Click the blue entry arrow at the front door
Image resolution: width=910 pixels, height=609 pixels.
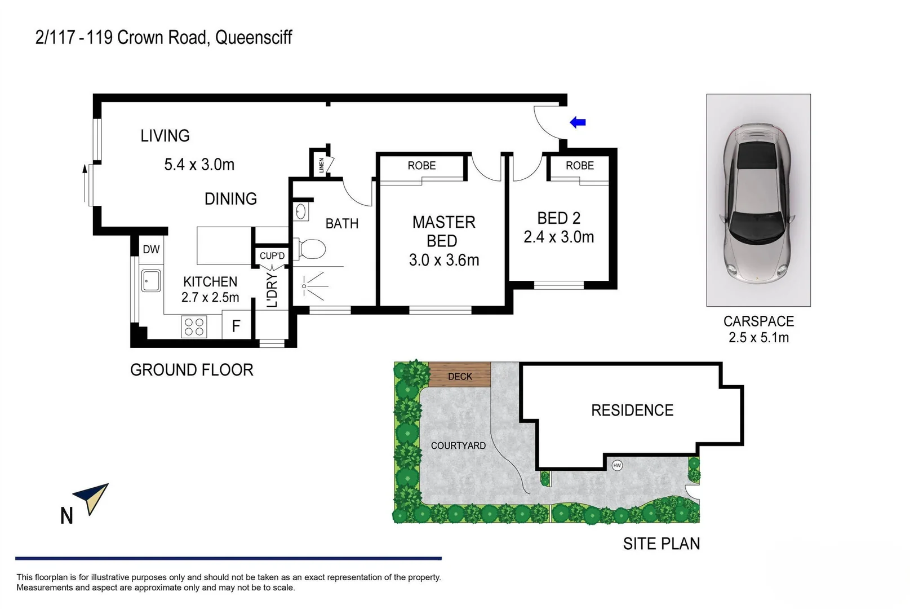[x=578, y=122]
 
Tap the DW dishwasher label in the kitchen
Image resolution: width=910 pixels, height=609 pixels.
[x=151, y=249]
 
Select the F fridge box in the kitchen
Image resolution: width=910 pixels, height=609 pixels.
[x=236, y=326]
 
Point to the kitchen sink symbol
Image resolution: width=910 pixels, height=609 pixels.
[x=151, y=280]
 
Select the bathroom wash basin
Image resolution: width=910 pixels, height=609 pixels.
[x=300, y=212]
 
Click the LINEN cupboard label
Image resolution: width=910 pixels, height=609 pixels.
[x=322, y=165]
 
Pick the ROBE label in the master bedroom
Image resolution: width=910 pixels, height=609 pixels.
[x=421, y=166]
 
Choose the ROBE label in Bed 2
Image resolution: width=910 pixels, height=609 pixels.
[x=579, y=166]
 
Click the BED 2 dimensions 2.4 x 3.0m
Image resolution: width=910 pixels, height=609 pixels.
[x=558, y=237]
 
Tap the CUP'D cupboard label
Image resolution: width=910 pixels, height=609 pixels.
[x=272, y=256]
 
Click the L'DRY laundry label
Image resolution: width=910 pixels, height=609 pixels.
[x=272, y=290]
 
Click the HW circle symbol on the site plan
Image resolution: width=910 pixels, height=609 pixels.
[x=617, y=465]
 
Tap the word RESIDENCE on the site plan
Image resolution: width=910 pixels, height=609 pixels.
[x=632, y=411]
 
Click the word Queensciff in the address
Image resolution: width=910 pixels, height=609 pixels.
[x=254, y=38]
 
